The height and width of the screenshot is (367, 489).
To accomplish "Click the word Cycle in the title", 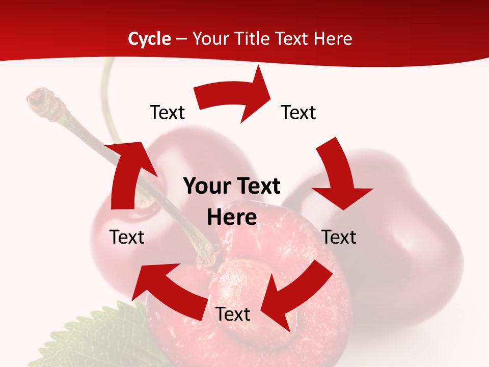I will point(149,39).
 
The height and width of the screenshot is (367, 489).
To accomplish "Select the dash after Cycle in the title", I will point(181,39).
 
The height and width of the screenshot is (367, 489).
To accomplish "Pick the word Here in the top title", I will point(332,39).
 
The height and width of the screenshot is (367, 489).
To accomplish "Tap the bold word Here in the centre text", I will point(232,217).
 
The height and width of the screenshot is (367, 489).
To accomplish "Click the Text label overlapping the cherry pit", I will point(233,314).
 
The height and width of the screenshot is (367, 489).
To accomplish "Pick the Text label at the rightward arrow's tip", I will point(298,112).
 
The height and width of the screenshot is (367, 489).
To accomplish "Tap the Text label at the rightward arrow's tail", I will point(167,112).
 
